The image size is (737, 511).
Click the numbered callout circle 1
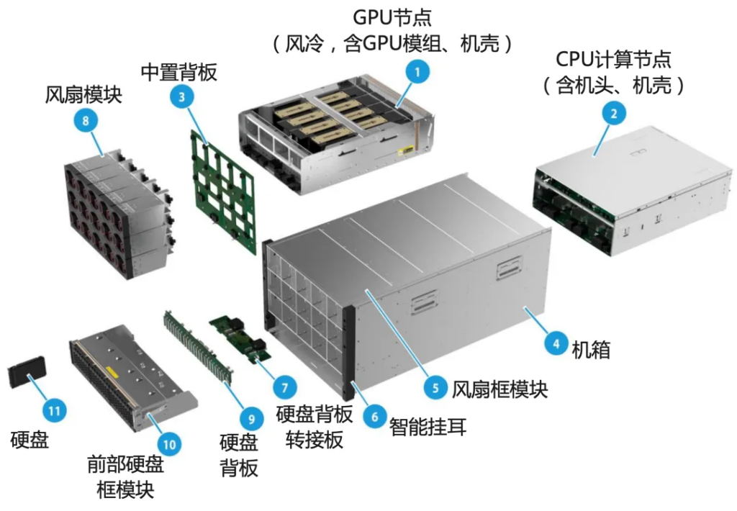417,71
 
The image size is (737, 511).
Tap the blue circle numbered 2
613,113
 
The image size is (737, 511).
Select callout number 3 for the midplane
182,98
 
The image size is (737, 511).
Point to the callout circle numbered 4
554,343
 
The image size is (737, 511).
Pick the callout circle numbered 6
373,415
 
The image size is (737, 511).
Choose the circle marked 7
284,386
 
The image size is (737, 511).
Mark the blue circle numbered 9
250,417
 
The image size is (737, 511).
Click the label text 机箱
591,351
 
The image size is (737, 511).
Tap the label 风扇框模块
499,389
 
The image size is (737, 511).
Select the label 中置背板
178,73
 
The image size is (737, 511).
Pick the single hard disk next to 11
27,375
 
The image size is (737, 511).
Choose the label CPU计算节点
613,59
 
